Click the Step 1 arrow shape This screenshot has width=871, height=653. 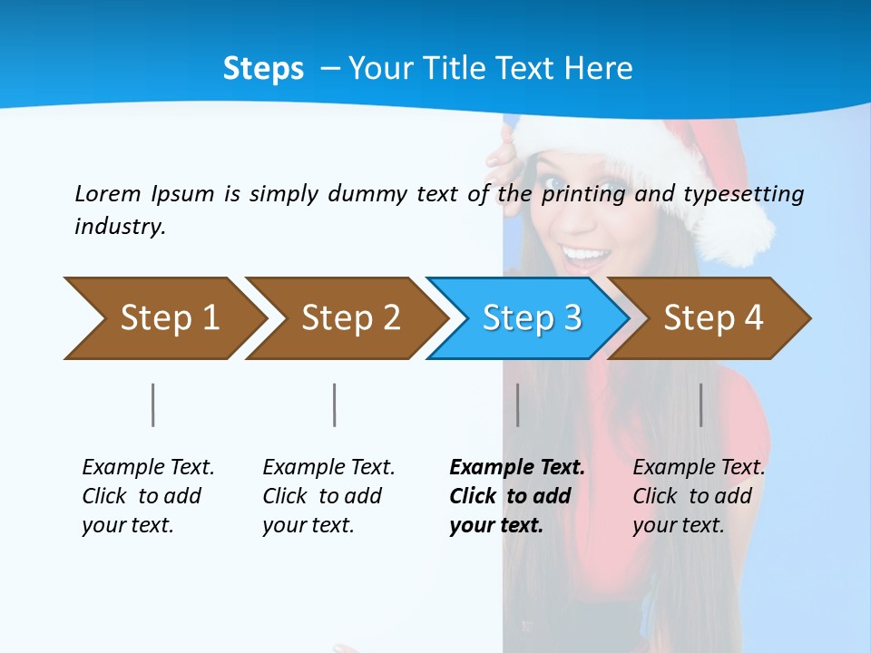coord(163,318)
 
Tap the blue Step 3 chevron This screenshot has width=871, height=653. coord(531,318)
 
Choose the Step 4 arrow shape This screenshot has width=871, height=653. coord(712,318)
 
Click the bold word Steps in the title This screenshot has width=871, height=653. coord(263,68)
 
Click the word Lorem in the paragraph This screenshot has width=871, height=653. coord(107,193)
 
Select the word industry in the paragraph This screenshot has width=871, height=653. coord(119,226)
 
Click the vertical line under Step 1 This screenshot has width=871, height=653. coord(153,404)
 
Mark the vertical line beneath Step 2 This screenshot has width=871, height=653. coord(335,404)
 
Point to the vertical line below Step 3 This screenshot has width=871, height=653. coord(518,404)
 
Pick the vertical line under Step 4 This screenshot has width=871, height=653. coord(701,404)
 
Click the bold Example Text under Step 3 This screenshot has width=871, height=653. coord(517,467)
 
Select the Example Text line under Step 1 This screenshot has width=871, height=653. coord(148,467)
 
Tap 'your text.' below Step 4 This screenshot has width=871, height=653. coord(678,525)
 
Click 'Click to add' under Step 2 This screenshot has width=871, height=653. coord(322,496)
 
